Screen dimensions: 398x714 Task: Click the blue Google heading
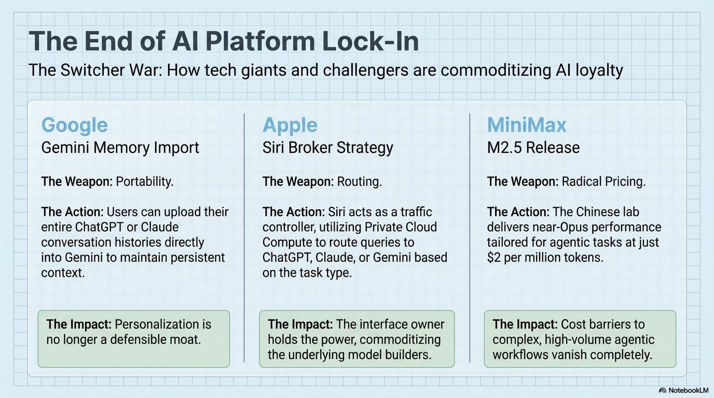point(74,125)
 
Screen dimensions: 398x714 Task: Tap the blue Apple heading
point(290,125)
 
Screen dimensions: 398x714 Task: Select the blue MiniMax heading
point(527,125)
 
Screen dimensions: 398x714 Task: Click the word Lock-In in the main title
point(370,41)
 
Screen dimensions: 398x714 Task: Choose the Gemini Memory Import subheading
point(120,148)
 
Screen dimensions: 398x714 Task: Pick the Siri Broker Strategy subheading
point(327,148)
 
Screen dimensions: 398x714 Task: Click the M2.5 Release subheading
point(533,148)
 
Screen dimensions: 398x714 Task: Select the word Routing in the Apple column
point(360,182)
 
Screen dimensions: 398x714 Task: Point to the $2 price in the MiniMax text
point(493,258)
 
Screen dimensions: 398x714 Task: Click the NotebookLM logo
point(683,390)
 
